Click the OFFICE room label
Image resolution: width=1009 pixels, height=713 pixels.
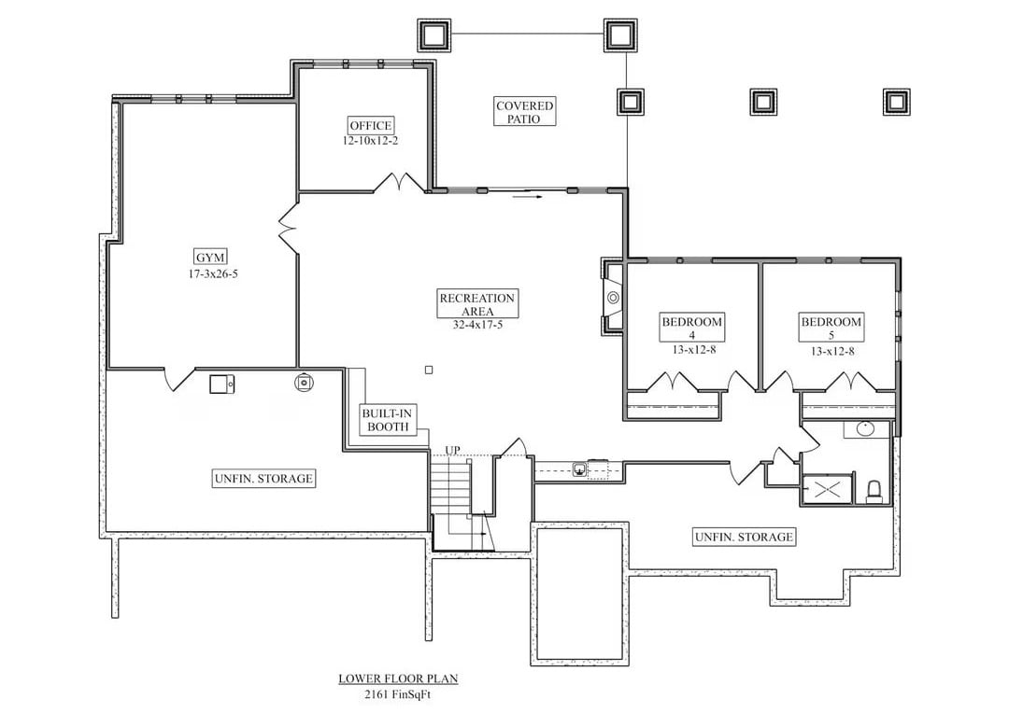371,126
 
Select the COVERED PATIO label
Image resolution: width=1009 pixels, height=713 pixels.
524,112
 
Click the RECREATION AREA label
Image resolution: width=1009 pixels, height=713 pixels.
477,304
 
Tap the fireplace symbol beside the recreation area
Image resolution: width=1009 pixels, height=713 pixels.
612,298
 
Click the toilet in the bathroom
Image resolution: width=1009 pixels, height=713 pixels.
875,490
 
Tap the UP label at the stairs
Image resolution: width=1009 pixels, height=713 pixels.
452,451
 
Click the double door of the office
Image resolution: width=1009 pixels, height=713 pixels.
401,183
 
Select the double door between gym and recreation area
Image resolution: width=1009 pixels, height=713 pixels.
289,229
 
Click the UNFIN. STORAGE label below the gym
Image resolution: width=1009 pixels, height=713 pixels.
263,479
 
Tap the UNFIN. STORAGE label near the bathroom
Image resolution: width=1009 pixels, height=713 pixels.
744,537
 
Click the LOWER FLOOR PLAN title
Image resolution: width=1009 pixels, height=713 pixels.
398,678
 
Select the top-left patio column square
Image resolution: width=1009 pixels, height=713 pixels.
433,35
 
